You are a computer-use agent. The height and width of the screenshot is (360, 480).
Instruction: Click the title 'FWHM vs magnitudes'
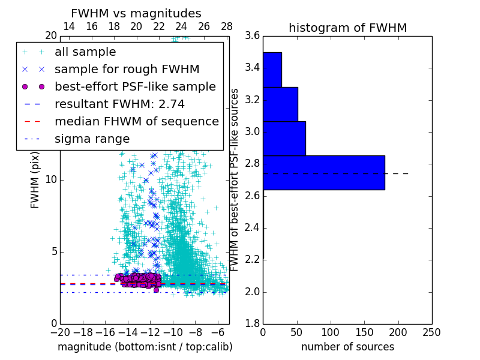tap(136, 13)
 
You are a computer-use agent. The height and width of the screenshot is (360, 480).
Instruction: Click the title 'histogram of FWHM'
tap(347, 28)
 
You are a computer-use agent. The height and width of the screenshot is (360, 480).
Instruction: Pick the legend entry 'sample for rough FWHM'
tap(127, 69)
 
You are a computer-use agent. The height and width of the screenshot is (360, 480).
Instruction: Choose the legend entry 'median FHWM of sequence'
tap(136, 121)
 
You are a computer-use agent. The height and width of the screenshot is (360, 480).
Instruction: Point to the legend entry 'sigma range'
tap(92, 139)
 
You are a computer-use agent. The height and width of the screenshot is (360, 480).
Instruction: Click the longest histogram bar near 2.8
tap(323, 173)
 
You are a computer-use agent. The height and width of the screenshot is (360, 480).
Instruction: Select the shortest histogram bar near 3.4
tap(272, 70)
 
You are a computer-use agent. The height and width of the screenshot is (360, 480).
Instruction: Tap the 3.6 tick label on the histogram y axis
tap(252, 35)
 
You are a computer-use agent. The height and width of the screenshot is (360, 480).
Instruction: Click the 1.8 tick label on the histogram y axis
tap(252, 324)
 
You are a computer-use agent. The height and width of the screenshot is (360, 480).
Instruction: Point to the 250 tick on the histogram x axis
tap(431, 332)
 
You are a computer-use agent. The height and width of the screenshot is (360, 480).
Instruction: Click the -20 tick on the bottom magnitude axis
tap(60, 332)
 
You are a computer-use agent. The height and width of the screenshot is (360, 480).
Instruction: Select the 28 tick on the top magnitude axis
tap(227, 26)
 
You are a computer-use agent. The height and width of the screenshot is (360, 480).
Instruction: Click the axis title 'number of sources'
tap(347, 347)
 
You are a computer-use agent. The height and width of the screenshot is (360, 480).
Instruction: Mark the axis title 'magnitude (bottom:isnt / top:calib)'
tap(145, 347)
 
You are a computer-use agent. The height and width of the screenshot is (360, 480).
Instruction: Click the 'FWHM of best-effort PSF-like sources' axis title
tap(235, 180)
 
